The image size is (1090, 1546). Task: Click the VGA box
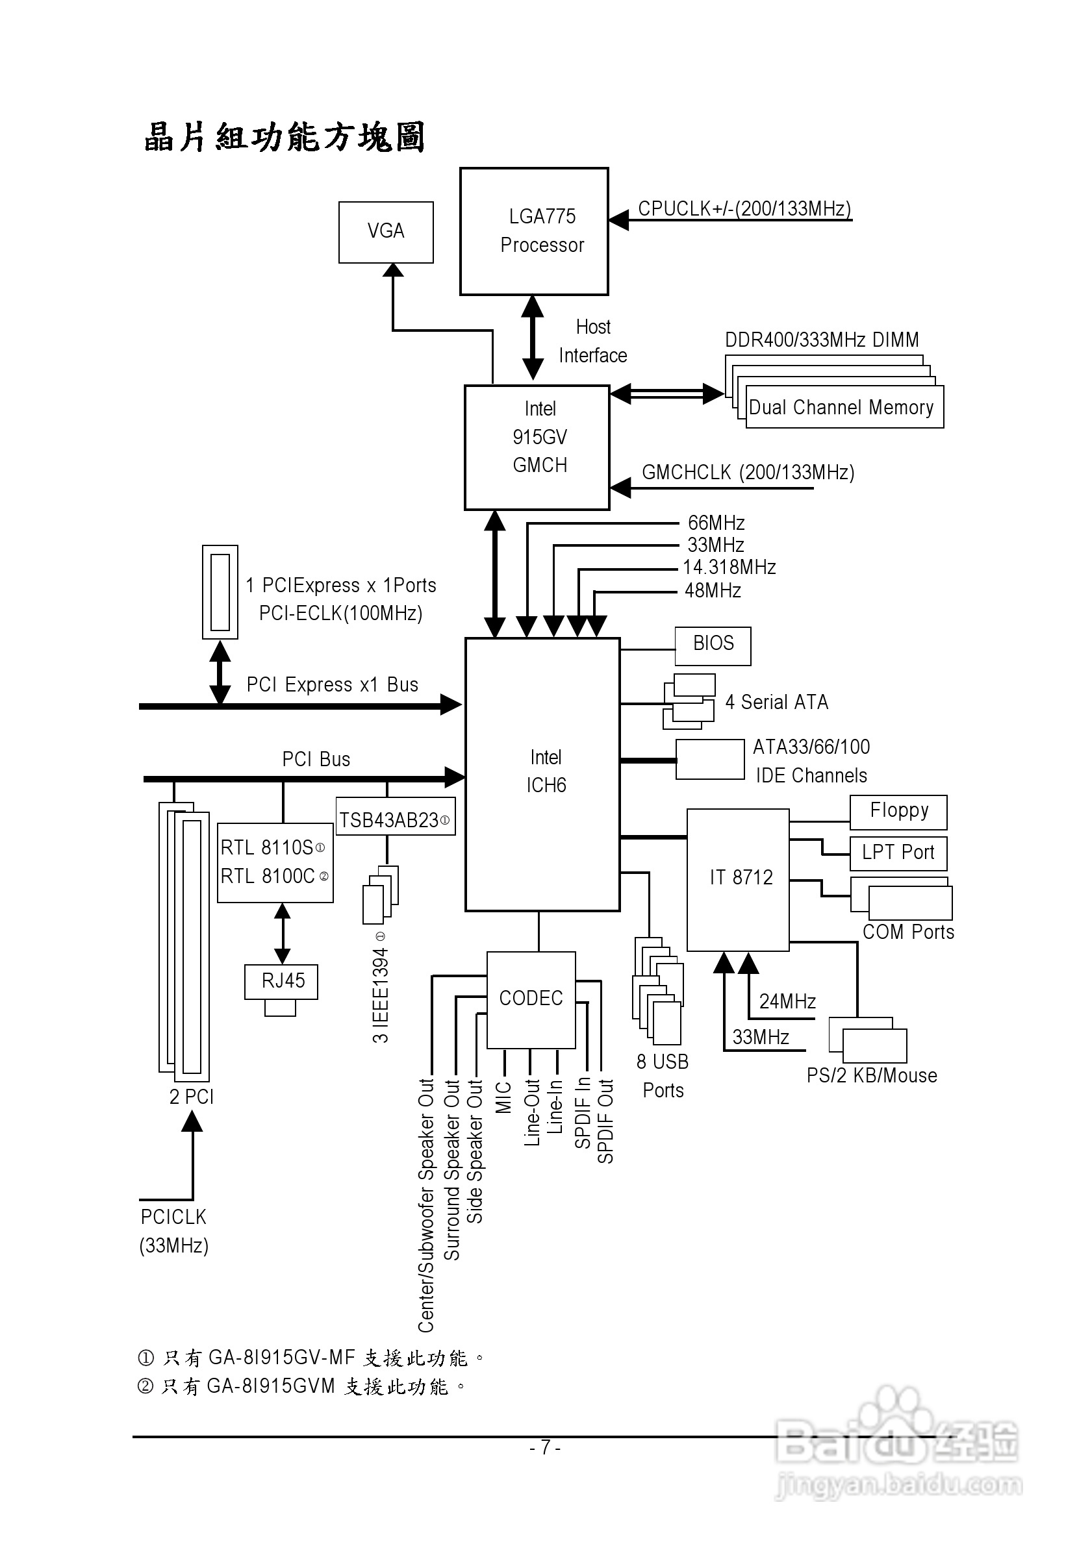pos(385,232)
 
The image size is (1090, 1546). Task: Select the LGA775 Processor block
pos(534,231)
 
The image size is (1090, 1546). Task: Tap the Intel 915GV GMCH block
pos(537,448)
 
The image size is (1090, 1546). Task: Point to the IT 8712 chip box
pos(738,879)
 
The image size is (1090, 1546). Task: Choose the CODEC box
pos(531,999)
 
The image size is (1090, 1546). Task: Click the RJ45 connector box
pos(281,981)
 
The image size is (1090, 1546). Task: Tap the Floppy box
pos(898,812)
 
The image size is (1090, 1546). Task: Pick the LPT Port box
pos(898,853)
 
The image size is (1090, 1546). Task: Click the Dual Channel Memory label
pos(842,407)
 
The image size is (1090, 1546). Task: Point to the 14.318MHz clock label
pos(729,567)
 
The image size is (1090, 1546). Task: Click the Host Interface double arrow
pos(533,338)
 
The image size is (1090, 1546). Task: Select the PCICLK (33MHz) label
pos(174,1231)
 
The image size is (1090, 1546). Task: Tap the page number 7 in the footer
pos(545,1447)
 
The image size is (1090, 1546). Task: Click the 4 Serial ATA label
pos(777,703)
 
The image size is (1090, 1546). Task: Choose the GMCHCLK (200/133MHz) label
pos(748,472)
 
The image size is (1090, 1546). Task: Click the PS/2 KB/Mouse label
pos(872,1075)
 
